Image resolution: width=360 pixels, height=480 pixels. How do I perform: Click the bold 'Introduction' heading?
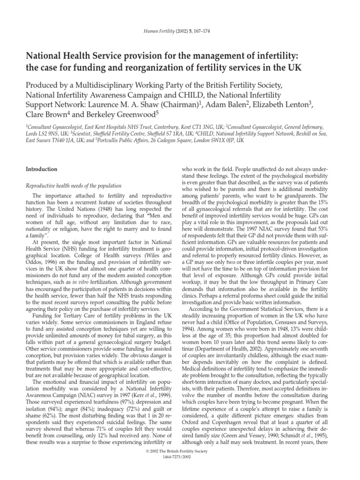42,169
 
